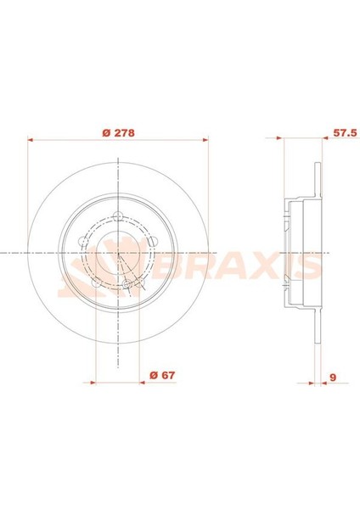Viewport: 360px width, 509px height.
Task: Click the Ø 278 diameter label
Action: click(118, 133)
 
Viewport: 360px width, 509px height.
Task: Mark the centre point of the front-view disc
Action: click(119, 253)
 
